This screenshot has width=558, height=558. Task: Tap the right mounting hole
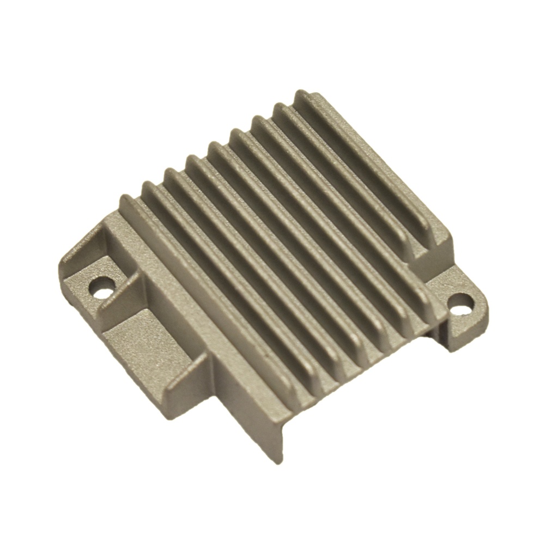(460, 304)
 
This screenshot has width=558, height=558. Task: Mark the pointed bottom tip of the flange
(279, 461)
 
